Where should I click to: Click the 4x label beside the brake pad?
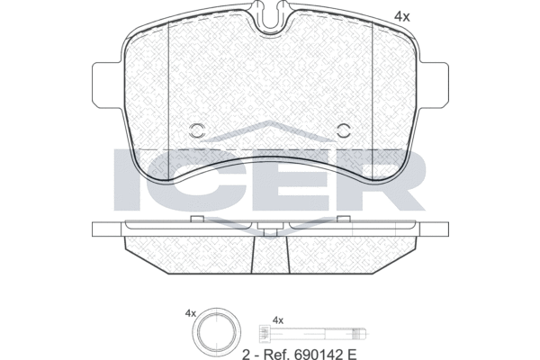[x=402, y=16]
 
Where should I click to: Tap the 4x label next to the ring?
[x=191, y=314]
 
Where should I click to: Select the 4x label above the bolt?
[x=278, y=320]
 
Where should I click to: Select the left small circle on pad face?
[x=197, y=130]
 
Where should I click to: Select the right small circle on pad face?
[x=344, y=130]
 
